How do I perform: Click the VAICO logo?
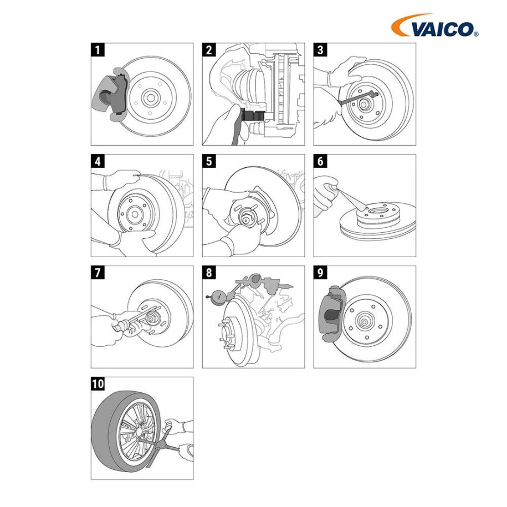[434, 25]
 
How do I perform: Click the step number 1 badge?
[98, 50]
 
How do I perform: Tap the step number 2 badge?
[209, 50]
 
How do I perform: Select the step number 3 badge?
[320, 50]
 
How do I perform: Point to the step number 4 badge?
[98, 161]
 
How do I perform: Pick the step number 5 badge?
[209, 161]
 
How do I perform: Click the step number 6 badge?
[320, 161]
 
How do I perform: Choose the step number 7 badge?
[98, 272]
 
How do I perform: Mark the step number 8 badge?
[209, 272]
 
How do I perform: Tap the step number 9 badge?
[320, 272]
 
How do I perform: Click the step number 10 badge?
[98, 383]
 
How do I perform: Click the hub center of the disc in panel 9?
[363, 321]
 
